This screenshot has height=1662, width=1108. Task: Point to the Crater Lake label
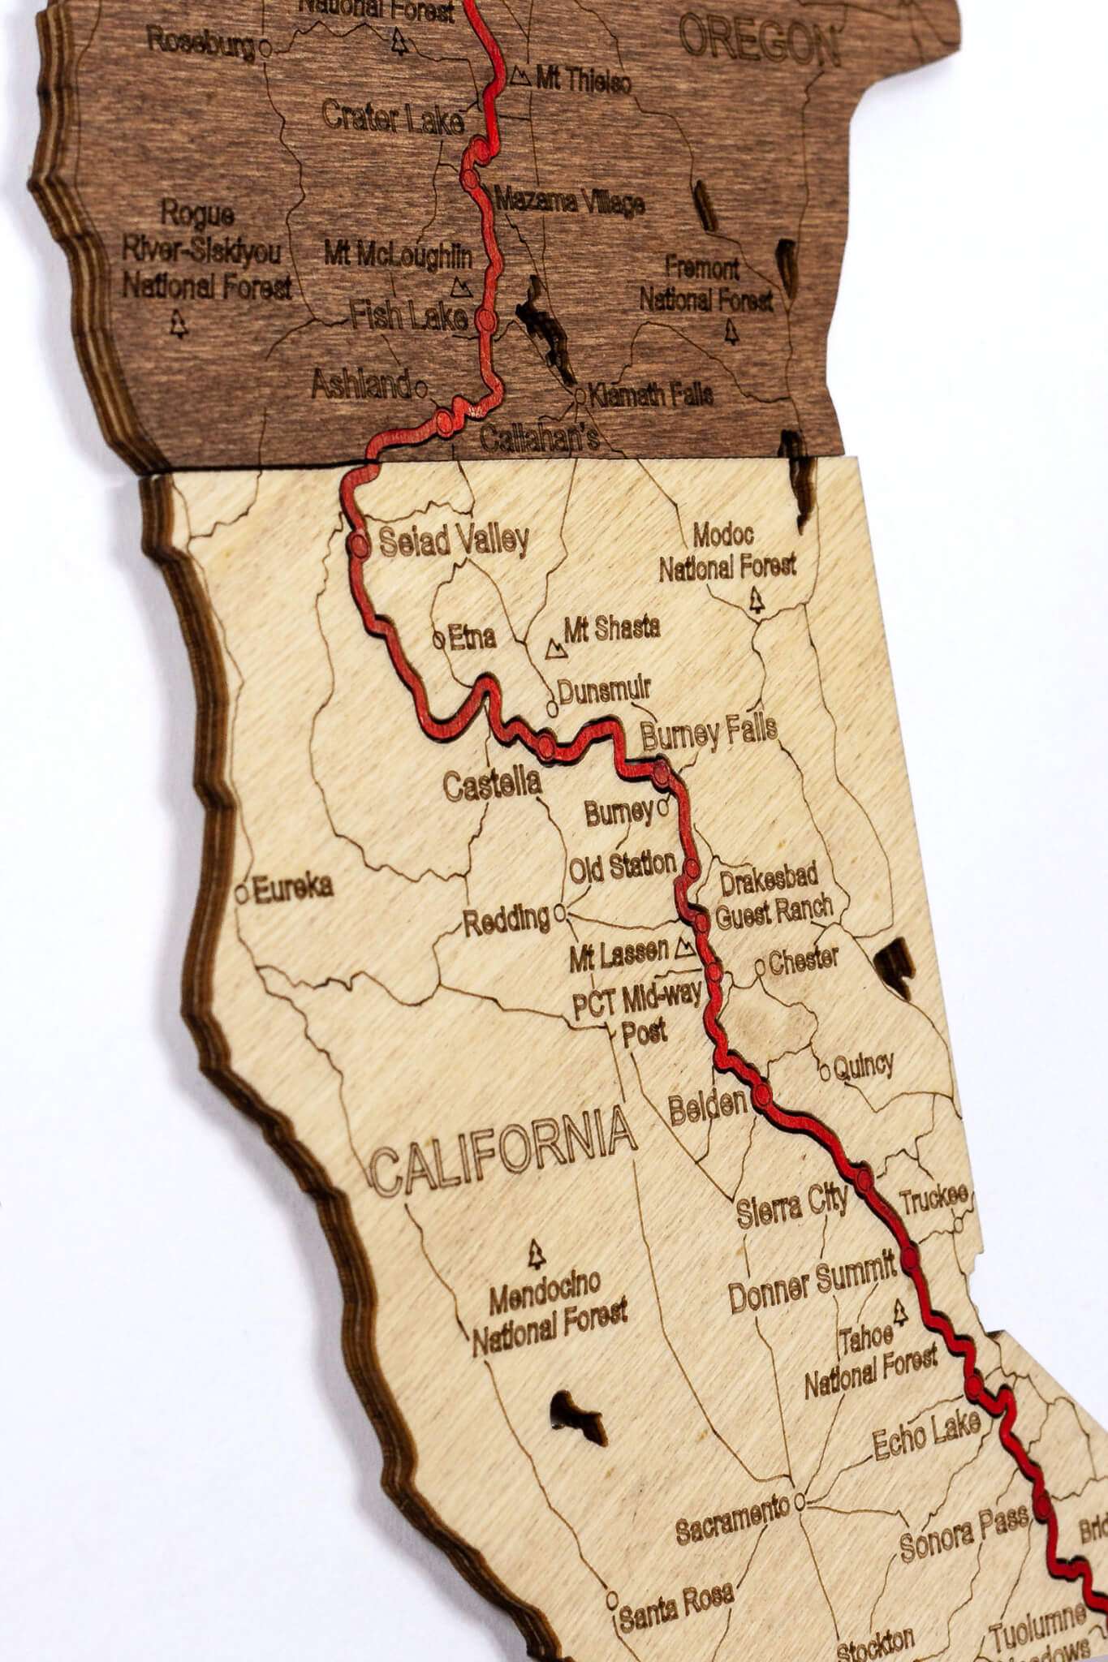click(x=393, y=118)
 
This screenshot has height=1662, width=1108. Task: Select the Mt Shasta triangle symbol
click(x=556, y=648)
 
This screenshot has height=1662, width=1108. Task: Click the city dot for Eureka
click(x=241, y=893)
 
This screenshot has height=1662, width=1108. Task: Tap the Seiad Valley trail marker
click(x=359, y=545)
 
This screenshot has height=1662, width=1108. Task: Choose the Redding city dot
click(x=559, y=915)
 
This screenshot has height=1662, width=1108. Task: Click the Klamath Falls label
click(x=650, y=395)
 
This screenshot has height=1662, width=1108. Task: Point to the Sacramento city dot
click(x=800, y=1501)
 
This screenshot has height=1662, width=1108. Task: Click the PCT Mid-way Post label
click(x=637, y=1014)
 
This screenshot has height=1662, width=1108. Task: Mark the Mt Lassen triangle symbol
click(x=684, y=947)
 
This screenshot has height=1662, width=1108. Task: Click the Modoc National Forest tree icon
click(x=758, y=601)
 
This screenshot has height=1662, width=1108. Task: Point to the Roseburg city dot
click(x=265, y=50)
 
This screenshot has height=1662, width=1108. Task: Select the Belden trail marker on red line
click(x=762, y=1096)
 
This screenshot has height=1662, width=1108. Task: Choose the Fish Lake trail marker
click(x=485, y=320)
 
